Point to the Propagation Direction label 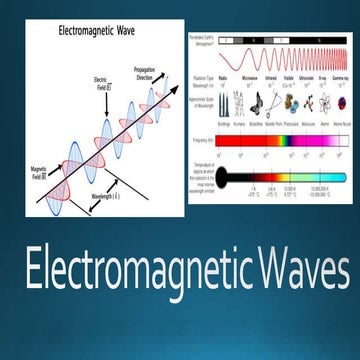(x=146, y=72)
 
